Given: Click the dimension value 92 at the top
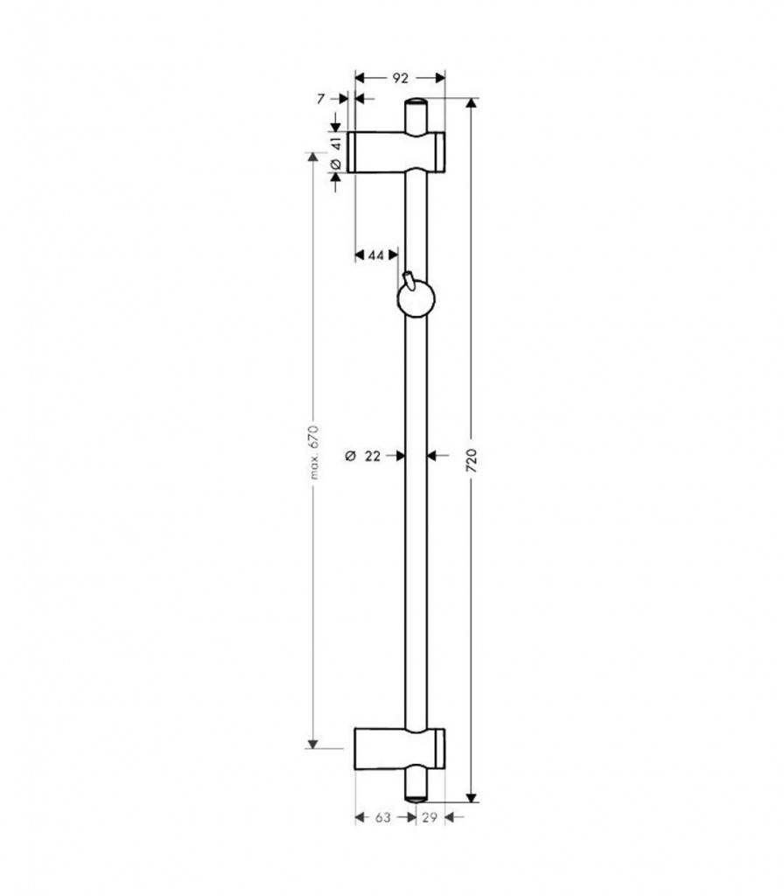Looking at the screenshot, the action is [x=401, y=78].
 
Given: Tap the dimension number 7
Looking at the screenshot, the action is [x=320, y=99].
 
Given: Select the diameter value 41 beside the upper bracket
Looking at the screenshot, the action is [x=336, y=143].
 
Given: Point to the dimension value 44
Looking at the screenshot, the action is [x=375, y=255].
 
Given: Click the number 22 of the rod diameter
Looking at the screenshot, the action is [x=372, y=456].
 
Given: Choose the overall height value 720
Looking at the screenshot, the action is [x=472, y=460].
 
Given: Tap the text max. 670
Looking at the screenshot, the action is [x=312, y=451].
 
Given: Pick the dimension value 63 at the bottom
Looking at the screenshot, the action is [x=383, y=818].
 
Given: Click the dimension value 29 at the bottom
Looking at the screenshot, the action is [x=429, y=818].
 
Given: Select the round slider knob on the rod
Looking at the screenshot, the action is [x=416, y=299].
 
